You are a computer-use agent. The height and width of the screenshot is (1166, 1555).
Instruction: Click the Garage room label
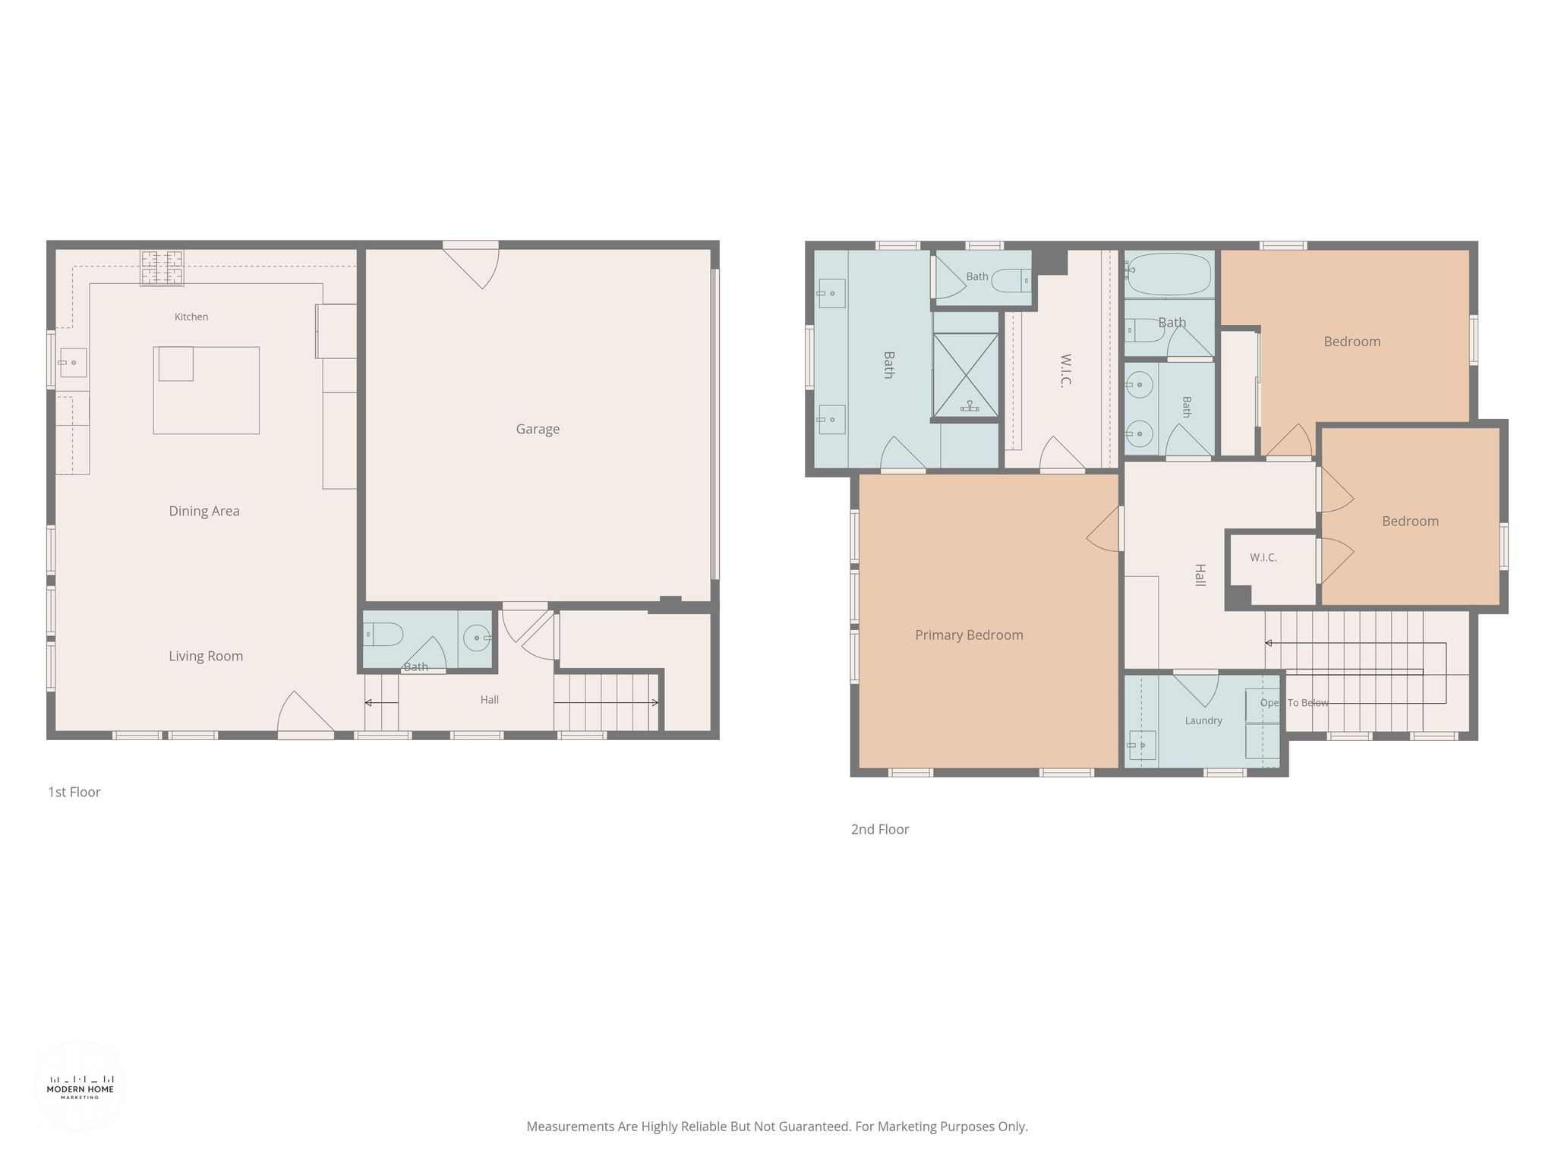click(x=538, y=429)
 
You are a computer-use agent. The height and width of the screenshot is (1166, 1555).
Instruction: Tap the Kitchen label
click(x=191, y=317)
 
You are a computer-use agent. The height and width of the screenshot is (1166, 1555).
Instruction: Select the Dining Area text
click(x=204, y=512)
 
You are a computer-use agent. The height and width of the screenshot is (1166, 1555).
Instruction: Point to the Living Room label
click(x=206, y=657)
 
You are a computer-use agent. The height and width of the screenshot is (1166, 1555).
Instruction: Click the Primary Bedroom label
click(x=969, y=635)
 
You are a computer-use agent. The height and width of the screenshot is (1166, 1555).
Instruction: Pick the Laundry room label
click(x=1203, y=720)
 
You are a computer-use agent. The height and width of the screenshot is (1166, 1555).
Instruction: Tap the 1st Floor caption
click(x=74, y=793)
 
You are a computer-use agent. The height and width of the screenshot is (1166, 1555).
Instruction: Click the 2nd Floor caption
click(x=880, y=830)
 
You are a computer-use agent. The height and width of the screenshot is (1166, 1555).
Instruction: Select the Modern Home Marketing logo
click(x=80, y=1086)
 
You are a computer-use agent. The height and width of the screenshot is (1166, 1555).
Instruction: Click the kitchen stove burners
click(x=162, y=268)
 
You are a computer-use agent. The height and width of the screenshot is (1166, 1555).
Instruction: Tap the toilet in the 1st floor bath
click(x=383, y=634)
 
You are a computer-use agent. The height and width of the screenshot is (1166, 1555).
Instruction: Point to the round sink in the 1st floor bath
click(x=478, y=638)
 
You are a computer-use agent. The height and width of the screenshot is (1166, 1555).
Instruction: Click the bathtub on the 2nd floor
click(x=1168, y=275)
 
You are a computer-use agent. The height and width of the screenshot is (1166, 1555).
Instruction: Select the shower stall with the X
click(x=966, y=376)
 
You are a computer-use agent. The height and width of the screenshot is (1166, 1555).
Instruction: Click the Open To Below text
click(x=1295, y=703)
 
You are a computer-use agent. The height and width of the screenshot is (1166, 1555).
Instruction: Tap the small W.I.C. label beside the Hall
click(x=1263, y=558)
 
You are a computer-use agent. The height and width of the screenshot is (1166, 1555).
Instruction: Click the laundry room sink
click(x=1141, y=745)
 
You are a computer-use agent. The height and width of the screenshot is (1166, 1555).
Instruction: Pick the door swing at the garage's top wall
click(x=471, y=265)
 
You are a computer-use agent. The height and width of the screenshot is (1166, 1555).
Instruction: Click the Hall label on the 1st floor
click(x=490, y=700)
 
